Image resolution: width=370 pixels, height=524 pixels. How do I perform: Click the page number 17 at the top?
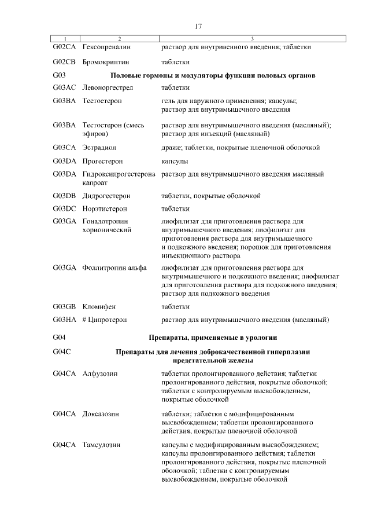[198, 27]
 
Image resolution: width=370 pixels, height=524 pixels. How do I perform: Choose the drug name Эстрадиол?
[99, 148]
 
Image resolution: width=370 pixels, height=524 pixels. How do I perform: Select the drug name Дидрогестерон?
[106, 196]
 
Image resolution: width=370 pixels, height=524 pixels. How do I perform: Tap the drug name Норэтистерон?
[105, 208]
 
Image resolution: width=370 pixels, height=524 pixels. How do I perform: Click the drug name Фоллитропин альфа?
[114, 268]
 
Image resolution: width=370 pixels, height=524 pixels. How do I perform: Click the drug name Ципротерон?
[108, 320]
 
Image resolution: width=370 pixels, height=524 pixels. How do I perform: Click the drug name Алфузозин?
[101, 374]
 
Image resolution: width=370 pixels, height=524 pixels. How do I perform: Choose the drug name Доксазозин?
[102, 414]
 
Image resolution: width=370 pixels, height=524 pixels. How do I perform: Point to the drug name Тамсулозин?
[102, 445]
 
